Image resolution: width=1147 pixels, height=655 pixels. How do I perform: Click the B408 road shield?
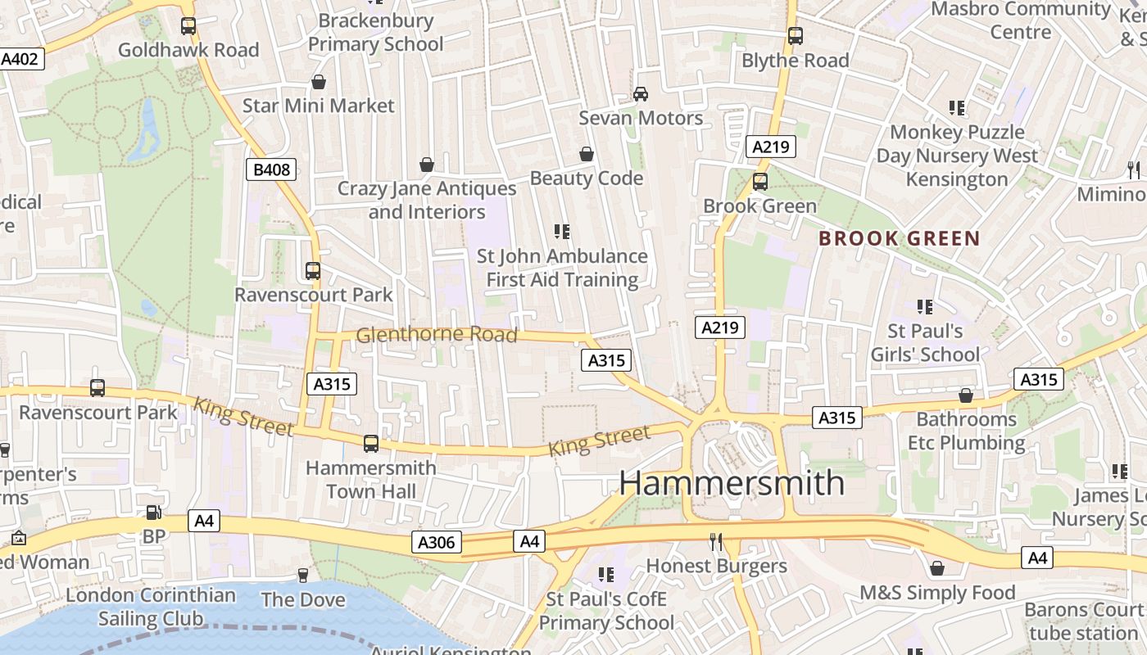pos(270,170)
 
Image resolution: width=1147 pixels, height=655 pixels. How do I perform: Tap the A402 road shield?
pos(20,59)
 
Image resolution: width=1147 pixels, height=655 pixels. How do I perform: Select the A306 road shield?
pos(437,542)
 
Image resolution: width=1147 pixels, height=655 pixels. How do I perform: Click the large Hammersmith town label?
pos(731,482)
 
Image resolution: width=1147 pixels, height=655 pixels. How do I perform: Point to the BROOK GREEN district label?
pos(900,239)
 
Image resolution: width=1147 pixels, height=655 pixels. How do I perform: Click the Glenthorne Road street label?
pos(437,334)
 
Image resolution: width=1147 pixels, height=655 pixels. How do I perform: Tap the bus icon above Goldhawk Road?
pos(188,26)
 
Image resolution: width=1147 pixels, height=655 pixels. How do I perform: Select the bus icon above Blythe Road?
pos(795,36)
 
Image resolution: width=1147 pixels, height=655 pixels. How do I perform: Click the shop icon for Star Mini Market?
pos(319,82)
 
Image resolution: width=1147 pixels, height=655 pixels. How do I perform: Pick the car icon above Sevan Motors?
pos(641,94)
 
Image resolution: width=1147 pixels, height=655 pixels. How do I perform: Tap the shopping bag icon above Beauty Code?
pos(587,154)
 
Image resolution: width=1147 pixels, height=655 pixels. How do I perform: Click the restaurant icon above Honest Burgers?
pos(716,541)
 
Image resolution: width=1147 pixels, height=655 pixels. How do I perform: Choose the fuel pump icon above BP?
pos(153,513)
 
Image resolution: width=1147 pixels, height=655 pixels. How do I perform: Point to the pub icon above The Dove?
pos(302,576)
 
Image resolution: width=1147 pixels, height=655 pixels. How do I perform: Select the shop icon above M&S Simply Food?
pos(937,568)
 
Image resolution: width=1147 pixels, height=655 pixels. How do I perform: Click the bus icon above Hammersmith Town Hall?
pos(371,444)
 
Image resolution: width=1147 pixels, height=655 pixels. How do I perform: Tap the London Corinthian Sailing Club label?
pos(151,607)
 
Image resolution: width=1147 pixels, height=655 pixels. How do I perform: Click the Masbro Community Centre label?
pos(1021,20)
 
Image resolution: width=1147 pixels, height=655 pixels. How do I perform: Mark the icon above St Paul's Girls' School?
pos(925,307)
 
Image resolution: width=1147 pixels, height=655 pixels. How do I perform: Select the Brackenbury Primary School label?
pos(375,32)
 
